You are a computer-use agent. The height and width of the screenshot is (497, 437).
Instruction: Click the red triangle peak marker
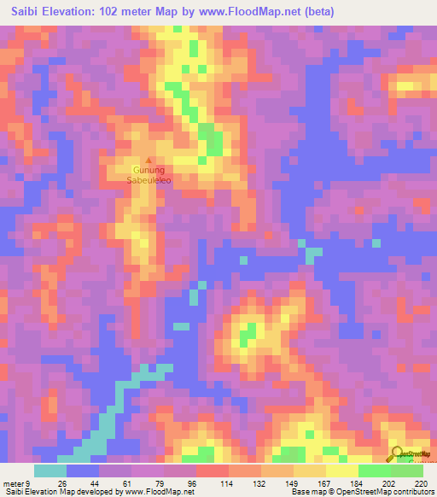150,160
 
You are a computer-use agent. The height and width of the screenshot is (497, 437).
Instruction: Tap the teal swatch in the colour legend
50,471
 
